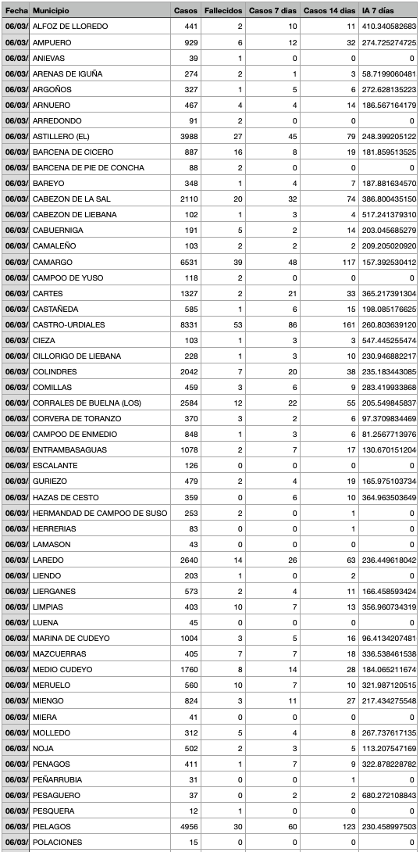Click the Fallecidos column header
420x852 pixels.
click(x=222, y=11)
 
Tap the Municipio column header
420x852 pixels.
click(x=51, y=11)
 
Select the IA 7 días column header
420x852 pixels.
click(x=379, y=11)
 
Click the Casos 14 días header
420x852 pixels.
click(x=328, y=11)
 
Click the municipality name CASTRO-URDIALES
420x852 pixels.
click(x=68, y=324)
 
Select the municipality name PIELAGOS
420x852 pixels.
click(x=52, y=826)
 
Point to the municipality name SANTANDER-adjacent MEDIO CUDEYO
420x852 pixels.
click(x=62, y=669)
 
